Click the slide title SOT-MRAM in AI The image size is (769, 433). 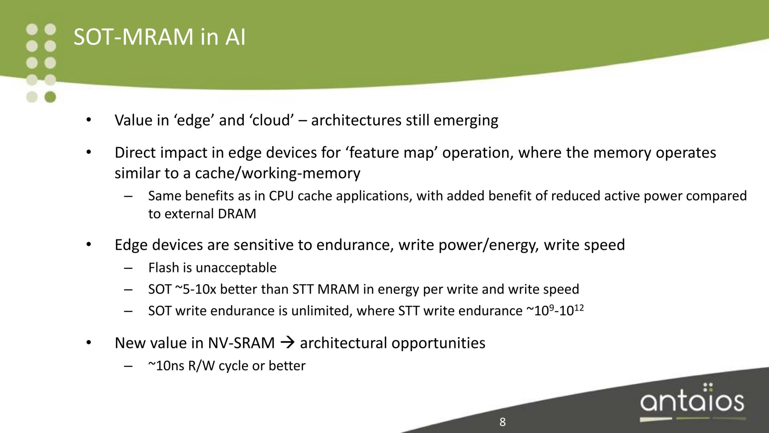pyautogui.click(x=159, y=37)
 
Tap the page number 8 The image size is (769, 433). pyautogui.click(x=503, y=422)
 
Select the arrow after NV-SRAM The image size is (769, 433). pyautogui.click(x=287, y=343)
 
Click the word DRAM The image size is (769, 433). pyautogui.click(x=237, y=214)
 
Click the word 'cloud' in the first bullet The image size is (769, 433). pyautogui.click(x=272, y=120)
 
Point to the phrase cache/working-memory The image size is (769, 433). pyautogui.click(x=278, y=173)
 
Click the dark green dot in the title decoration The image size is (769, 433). pyautogui.click(x=50, y=97)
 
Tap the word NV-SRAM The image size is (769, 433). pyautogui.click(x=241, y=343)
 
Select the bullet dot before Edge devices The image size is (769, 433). pyautogui.click(x=89, y=244)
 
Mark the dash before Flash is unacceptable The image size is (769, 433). pyautogui.click(x=128, y=268)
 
